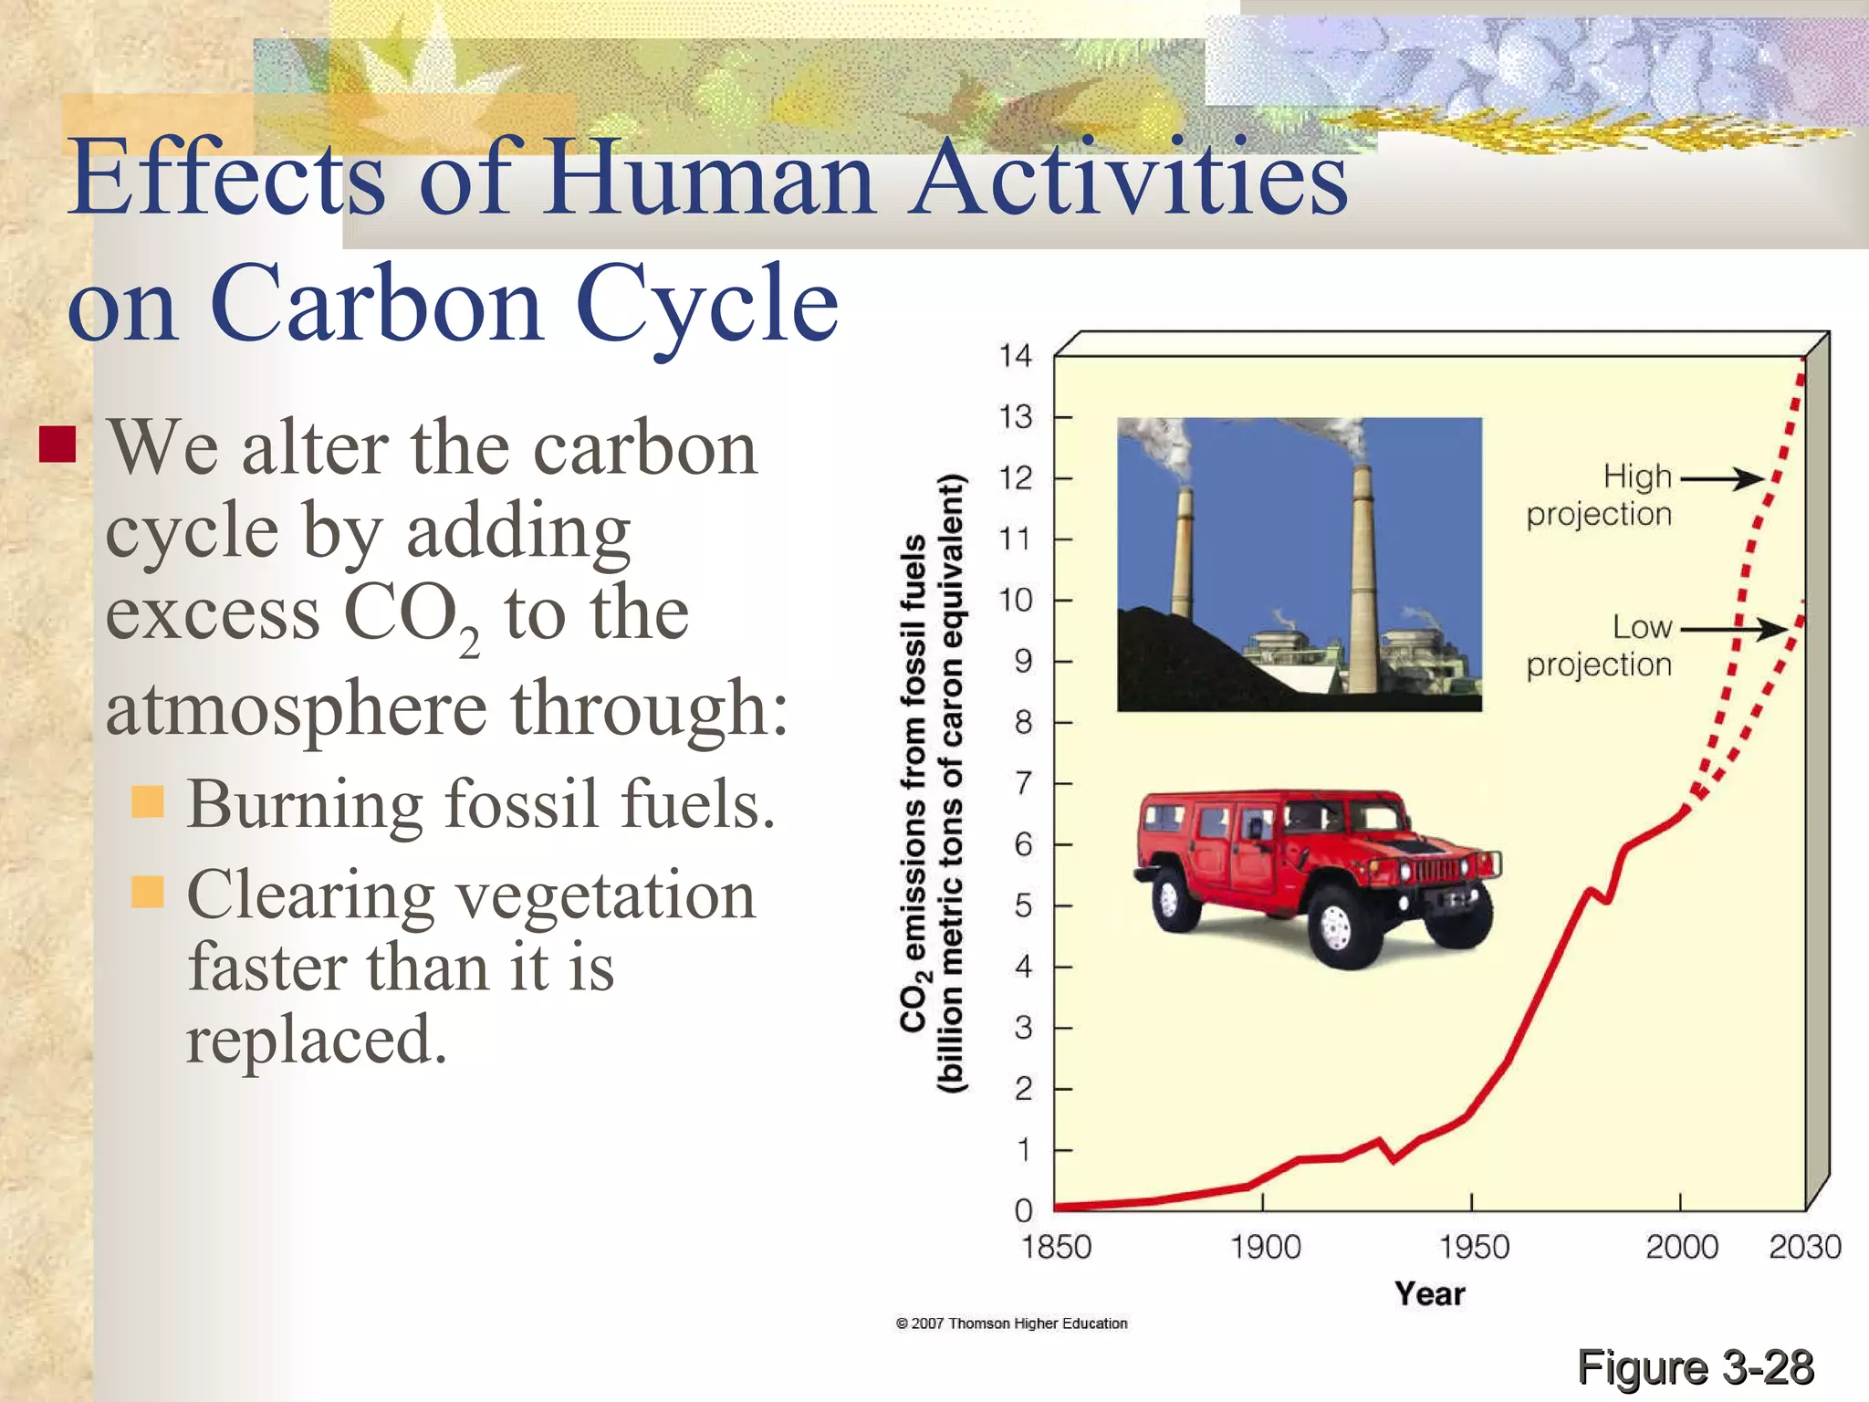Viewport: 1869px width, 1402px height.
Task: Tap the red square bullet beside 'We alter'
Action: (57, 445)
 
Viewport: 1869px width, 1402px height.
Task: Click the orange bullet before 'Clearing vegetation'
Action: (147, 891)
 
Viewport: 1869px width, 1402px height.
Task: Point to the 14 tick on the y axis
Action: (1015, 355)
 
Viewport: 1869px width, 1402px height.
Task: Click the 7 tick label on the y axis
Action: (1023, 783)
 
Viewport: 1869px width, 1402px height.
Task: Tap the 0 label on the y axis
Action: (1023, 1211)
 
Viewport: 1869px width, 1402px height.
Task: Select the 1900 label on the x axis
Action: (1264, 1247)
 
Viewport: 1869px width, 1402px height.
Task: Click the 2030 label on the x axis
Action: (1804, 1247)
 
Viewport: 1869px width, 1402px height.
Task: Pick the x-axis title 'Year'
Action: (1429, 1293)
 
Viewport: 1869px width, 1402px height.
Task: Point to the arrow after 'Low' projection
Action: (1734, 629)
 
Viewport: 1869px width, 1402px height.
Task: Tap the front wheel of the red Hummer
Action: (1335, 929)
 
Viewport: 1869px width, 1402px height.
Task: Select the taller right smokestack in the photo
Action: (1362, 584)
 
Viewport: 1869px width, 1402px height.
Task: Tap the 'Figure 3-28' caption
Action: (1695, 1367)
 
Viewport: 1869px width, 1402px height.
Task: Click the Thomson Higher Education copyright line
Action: (1011, 1324)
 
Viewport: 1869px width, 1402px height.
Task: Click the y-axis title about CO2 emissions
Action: (931, 783)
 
